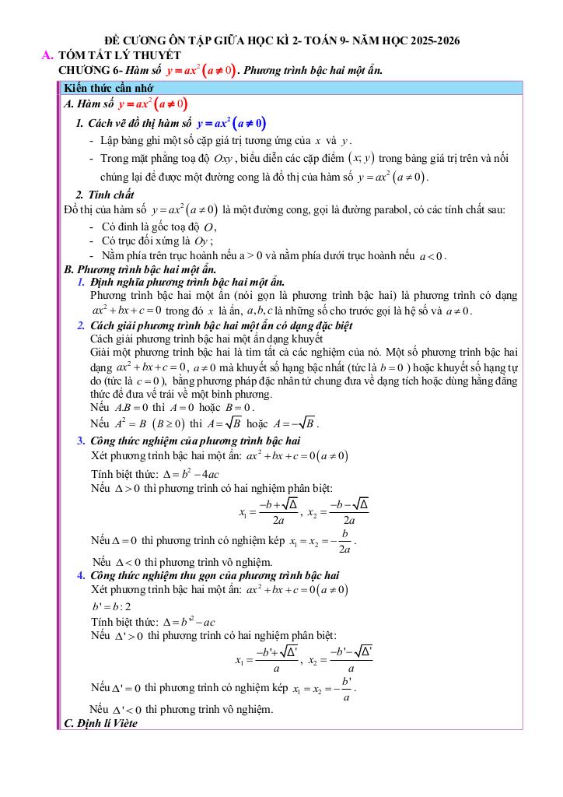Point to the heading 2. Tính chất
click(105, 195)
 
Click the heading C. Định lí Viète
click(100, 723)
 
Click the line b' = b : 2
click(111, 606)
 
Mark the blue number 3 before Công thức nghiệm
click(82, 441)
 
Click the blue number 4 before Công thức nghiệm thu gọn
click(82, 575)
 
